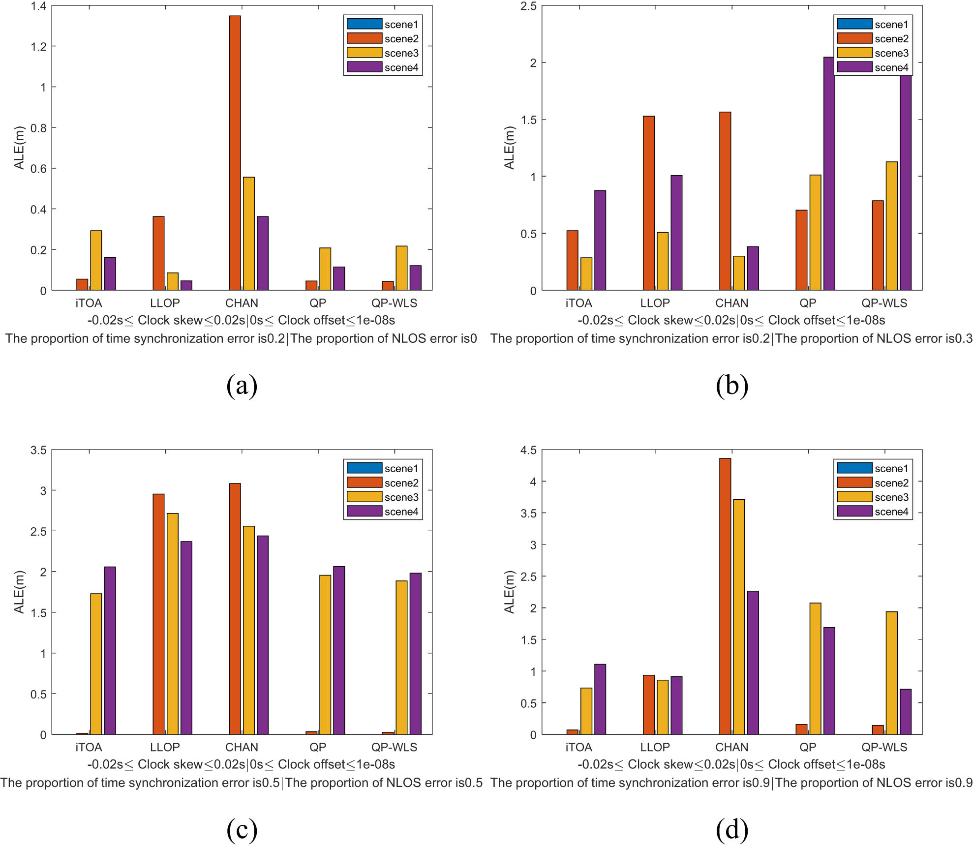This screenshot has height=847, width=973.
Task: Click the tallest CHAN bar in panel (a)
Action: tap(235, 152)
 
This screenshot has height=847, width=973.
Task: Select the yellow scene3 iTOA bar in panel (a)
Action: tap(96, 260)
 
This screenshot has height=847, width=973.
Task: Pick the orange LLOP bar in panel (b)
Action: tap(649, 203)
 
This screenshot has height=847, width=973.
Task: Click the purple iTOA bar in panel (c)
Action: tap(110, 650)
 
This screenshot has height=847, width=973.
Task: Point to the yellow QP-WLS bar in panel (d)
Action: tap(891, 672)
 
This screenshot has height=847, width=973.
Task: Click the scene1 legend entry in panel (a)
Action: tap(383, 24)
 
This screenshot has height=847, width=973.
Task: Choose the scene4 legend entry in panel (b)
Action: tap(873, 67)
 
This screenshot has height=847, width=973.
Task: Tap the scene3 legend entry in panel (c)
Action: tap(383, 497)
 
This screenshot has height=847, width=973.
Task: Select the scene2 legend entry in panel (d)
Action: tap(873, 483)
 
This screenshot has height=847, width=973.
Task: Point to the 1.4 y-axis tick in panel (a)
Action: tap(38, 6)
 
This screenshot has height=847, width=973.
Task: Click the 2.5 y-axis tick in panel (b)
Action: tap(528, 6)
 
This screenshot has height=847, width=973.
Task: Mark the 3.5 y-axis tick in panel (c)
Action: tap(38, 450)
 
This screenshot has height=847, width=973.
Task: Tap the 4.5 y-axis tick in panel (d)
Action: tap(528, 450)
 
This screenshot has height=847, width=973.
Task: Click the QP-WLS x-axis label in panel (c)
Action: tap(394, 747)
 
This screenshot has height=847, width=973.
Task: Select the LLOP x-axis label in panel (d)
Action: tap(655, 747)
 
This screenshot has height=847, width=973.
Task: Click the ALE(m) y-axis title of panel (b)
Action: tap(509, 148)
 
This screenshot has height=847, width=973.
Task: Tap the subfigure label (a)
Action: tap(242, 385)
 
